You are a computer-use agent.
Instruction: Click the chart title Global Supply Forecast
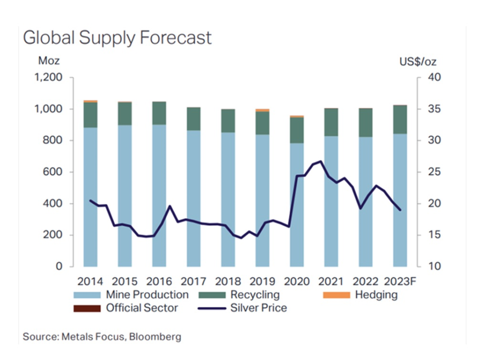(118, 38)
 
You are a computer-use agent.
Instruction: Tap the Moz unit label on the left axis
(49, 62)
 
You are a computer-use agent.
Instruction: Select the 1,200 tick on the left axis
(48, 78)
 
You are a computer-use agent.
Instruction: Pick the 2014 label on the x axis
(90, 282)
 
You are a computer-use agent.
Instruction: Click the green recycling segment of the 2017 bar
(193, 119)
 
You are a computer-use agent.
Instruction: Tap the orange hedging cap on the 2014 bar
(90, 101)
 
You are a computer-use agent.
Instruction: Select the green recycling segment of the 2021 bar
(331, 122)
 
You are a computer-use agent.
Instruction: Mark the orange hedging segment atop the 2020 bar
(296, 116)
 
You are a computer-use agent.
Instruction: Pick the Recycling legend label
(255, 295)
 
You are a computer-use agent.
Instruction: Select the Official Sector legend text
(142, 309)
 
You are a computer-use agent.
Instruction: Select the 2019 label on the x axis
(262, 282)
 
